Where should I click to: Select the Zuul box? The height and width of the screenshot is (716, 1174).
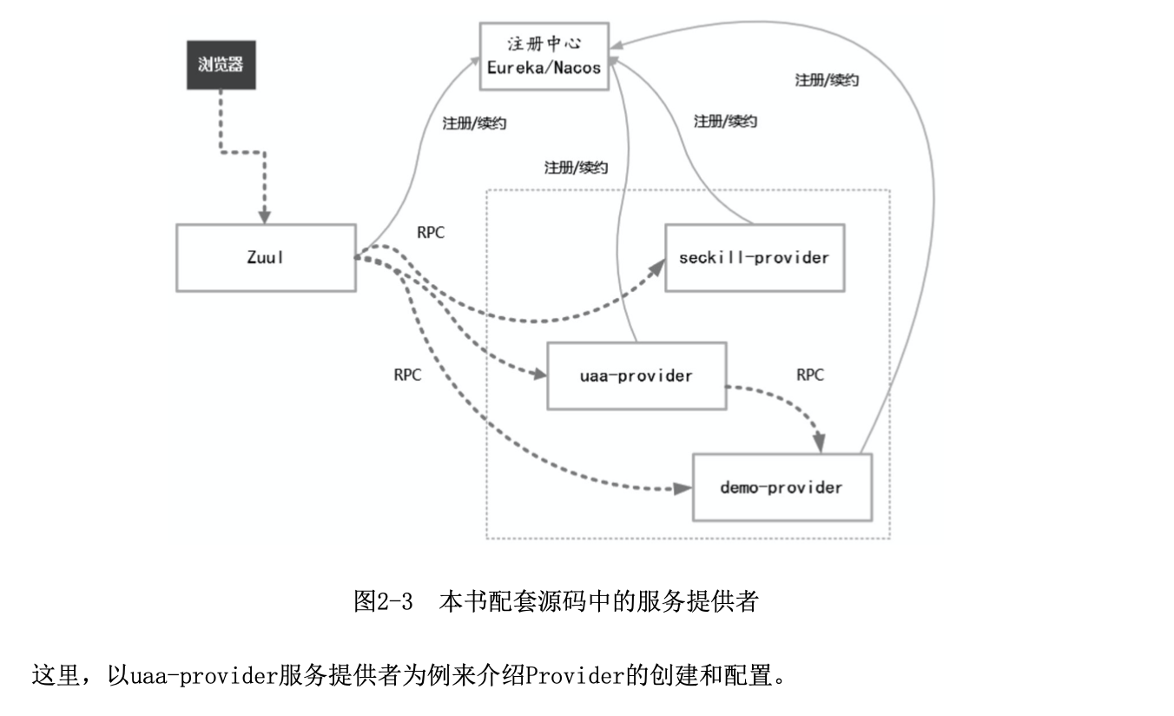pos(266,257)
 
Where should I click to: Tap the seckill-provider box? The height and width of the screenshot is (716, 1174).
pos(755,257)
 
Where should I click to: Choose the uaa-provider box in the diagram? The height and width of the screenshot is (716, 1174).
pos(636,375)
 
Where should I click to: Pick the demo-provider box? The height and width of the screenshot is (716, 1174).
pos(782,487)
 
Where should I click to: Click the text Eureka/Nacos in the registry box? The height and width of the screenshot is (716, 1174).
pos(544,67)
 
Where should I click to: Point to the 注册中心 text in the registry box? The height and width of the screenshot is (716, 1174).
pos(544,44)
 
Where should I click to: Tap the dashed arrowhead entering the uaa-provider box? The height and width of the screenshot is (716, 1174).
pos(539,375)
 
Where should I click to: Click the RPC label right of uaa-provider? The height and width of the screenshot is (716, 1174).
pos(809,375)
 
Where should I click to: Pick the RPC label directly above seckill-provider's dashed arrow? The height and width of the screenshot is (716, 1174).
pos(431,233)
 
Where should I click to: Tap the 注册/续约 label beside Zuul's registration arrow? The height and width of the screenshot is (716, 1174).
pos(474,123)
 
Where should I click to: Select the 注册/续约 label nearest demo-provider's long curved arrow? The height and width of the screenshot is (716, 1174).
pos(827,80)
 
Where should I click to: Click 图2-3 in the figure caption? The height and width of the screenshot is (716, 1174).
pos(383,601)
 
